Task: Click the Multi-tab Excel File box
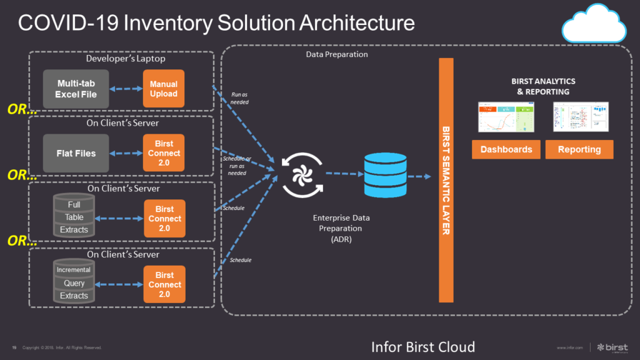pyautogui.click(x=76, y=89)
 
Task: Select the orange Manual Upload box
pyautogui.click(x=164, y=89)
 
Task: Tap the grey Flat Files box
pyautogui.click(x=76, y=153)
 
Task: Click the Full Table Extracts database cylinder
pyautogui.click(x=74, y=217)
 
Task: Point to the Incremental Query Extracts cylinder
pyautogui.click(x=74, y=282)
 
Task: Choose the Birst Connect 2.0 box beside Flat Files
pyautogui.click(x=164, y=153)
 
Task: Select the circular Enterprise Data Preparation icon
pyautogui.click(x=302, y=177)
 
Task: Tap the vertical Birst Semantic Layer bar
pyautogui.click(x=446, y=181)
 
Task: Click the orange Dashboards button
pyautogui.click(x=506, y=149)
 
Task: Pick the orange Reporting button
pyautogui.click(x=579, y=149)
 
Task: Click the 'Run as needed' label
pyautogui.click(x=239, y=98)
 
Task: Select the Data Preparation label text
pyautogui.click(x=337, y=54)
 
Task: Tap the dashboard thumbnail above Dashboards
pyautogui.click(x=506, y=117)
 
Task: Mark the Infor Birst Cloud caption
pyautogui.click(x=423, y=347)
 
